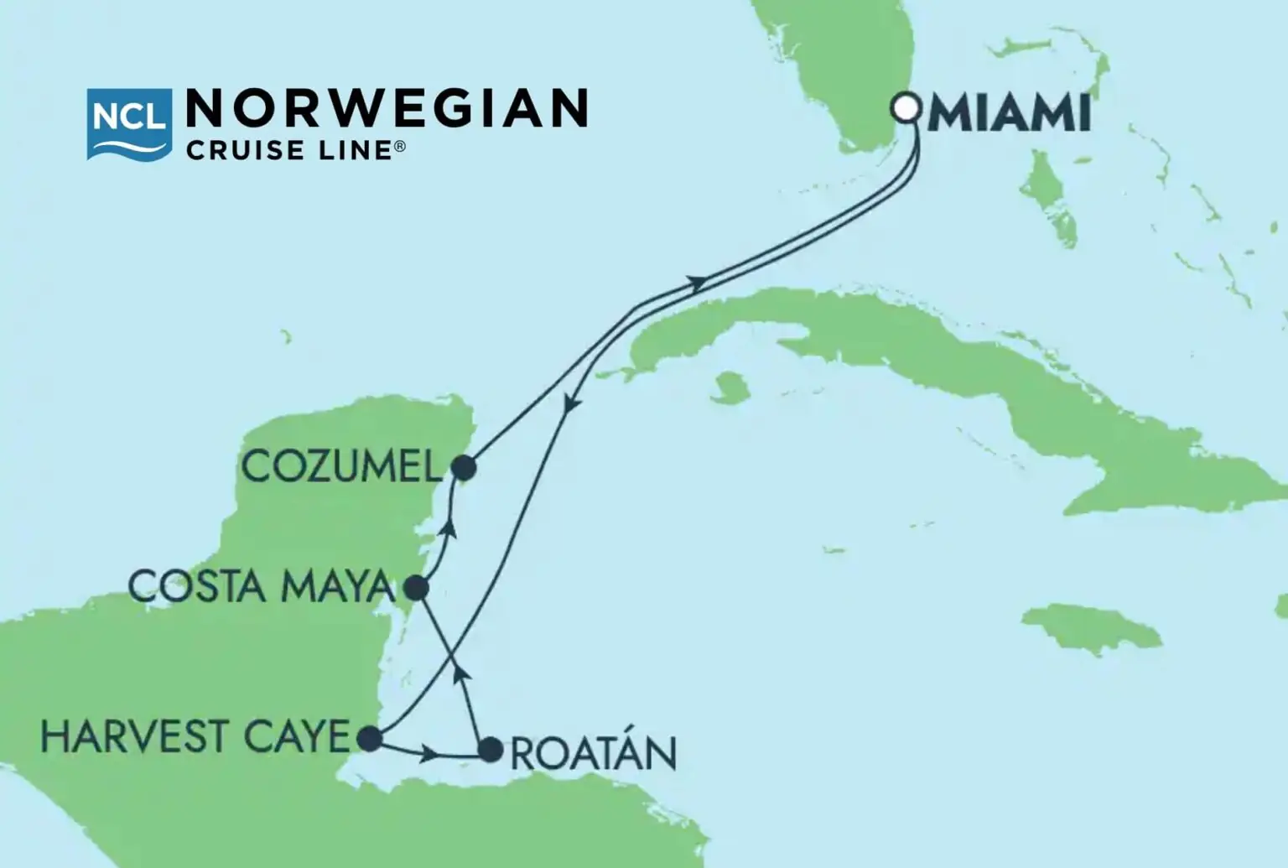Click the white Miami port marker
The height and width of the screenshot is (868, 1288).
pyautogui.click(x=906, y=108)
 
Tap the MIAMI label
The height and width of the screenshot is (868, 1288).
pyautogui.click(x=1009, y=114)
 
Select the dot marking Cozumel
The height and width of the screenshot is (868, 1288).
pyautogui.click(x=464, y=467)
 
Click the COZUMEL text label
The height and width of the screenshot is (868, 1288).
pyautogui.click(x=341, y=466)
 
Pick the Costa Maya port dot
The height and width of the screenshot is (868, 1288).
pyautogui.click(x=417, y=587)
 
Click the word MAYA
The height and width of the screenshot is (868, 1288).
pyautogui.click(x=337, y=586)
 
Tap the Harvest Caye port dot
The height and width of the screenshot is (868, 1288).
pyautogui.click(x=369, y=739)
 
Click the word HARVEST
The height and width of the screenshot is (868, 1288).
pyautogui.click(x=134, y=737)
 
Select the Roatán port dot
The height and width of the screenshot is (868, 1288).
pyautogui.click(x=491, y=749)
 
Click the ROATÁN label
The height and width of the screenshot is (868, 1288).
pyautogui.click(x=594, y=753)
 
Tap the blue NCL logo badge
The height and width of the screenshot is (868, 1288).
pyautogui.click(x=129, y=123)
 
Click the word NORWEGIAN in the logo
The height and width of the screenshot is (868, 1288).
pyautogui.click(x=387, y=109)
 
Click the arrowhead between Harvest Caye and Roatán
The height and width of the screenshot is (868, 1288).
pyautogui.click(x=429, y=755)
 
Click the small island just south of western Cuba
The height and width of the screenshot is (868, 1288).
pyautogui.click(x=730, y=387)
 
